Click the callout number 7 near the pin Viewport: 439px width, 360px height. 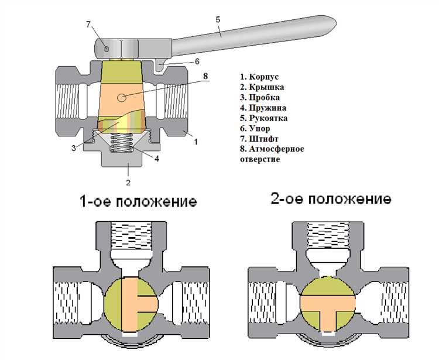tap(88, 24)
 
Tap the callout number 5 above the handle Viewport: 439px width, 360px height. tap(217, 19)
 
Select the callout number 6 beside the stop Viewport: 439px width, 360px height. tap(197, 61)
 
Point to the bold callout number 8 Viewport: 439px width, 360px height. tap(205, 76)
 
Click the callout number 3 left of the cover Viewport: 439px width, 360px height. tap(74, 148)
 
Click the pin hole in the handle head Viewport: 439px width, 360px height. tap(105, 47)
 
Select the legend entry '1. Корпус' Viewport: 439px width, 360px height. tap(259, 77)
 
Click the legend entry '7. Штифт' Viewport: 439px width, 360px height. tap(261, 139)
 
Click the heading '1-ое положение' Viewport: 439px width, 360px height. tap(138, 202)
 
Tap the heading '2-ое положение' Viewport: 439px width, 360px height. tap(331, 199)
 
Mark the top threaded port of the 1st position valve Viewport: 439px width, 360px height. tap(136, 239)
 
